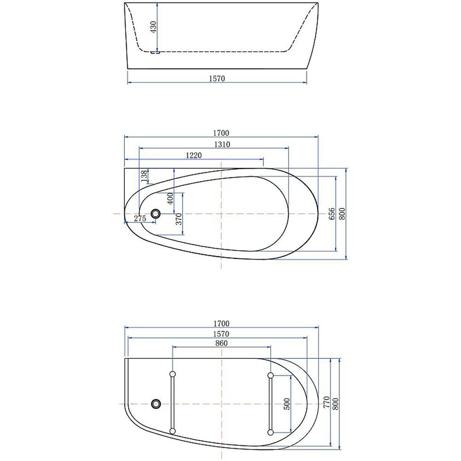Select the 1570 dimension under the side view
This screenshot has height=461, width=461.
[217, 78]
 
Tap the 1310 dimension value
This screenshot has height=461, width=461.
[222, 144]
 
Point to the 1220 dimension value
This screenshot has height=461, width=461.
[194, 155]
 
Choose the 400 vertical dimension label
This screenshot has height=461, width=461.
[170, 199]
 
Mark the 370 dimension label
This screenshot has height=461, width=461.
[179, 218]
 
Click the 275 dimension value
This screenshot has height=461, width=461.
[140, 219]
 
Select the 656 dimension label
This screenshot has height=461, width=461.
[331, 213]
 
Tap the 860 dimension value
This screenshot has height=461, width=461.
[221, 343]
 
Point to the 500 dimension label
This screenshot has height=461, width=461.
[287, 404]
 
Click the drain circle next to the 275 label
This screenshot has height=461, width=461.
[156, 214]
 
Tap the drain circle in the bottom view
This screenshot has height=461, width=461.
[156, 404]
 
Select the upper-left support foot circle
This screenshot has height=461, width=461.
[173, 374]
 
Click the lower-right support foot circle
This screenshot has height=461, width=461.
[271, 432]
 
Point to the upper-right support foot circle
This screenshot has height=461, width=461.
[271, 375]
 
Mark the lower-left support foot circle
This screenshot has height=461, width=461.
[173, 431]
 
